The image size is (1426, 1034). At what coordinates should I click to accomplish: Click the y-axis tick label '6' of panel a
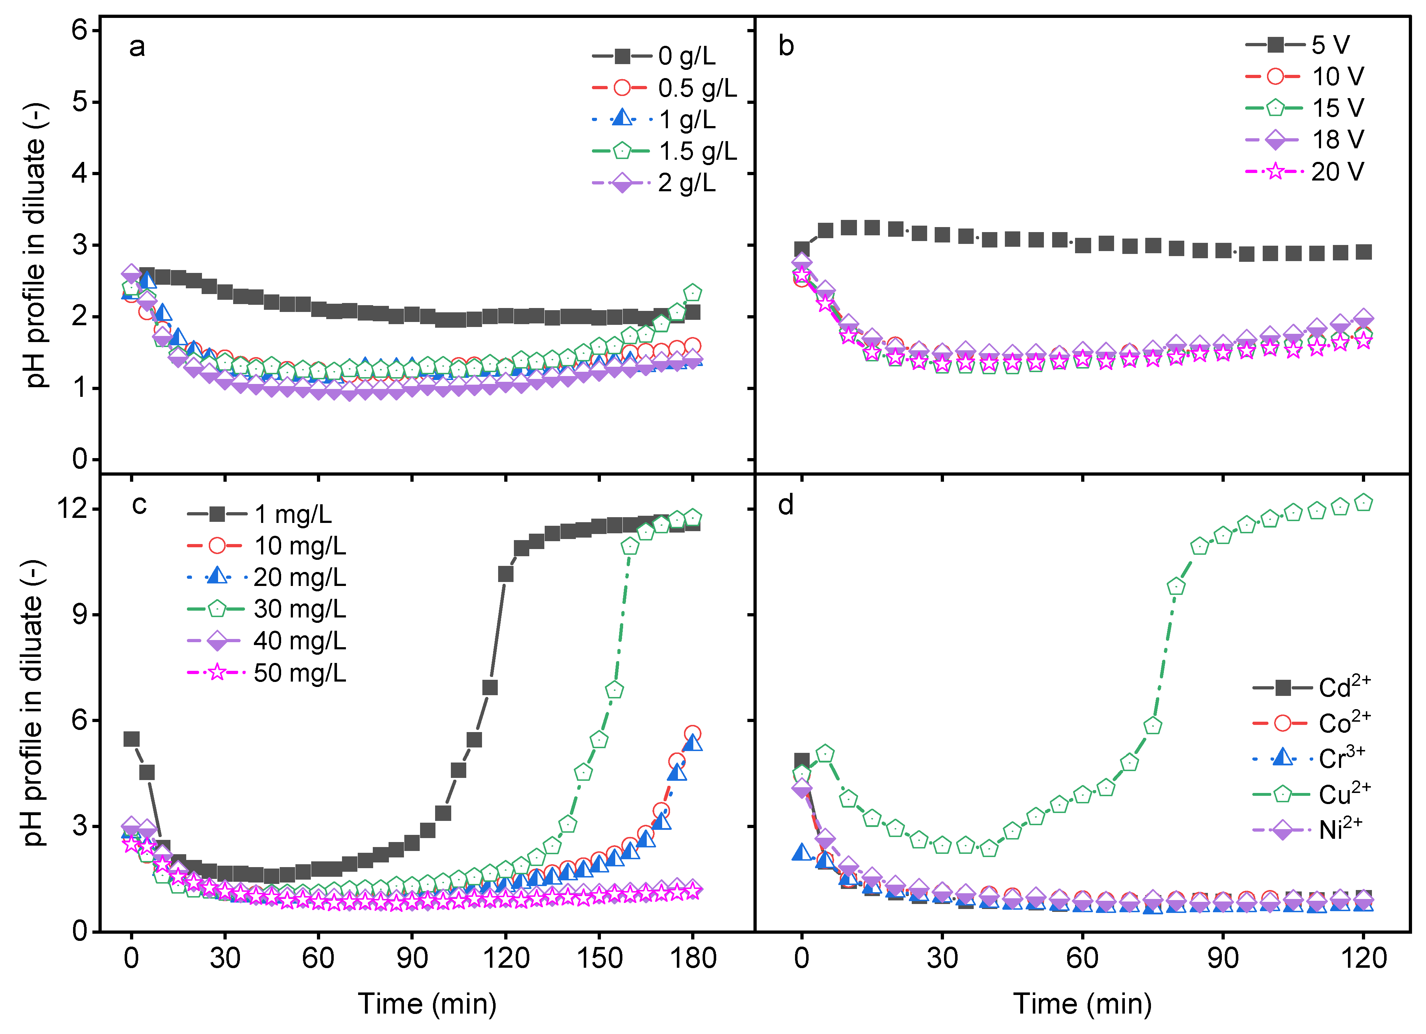point(81,30)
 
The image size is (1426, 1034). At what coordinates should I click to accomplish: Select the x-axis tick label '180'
point(692,958)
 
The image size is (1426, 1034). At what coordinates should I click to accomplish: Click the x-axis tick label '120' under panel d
point(1363,958)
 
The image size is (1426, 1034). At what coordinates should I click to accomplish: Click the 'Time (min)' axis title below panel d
point(1082,1004)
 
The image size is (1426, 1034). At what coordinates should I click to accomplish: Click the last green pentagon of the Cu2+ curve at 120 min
point(1363,502)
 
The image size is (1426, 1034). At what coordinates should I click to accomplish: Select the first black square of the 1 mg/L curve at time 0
point(131,739)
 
